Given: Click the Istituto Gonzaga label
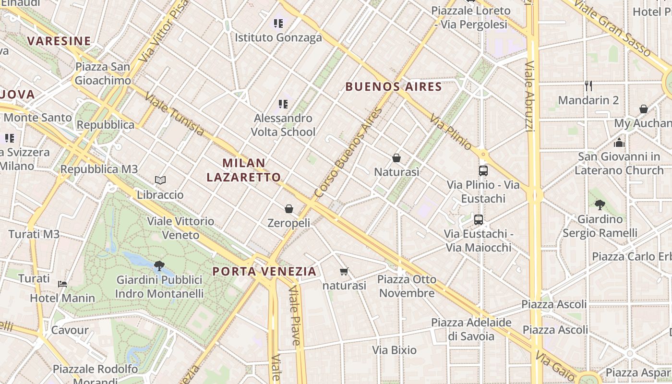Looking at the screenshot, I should click(278, 37).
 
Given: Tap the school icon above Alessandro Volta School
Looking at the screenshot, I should click(283, 104).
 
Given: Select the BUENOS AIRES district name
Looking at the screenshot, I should click(393, 87).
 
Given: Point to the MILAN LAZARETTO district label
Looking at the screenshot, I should click(244, 170).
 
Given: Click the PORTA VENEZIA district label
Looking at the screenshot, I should click(264, 272).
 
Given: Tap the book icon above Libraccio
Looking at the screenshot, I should click(160, 180).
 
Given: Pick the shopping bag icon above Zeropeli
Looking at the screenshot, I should click(289, 209).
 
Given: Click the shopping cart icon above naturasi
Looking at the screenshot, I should click(344, 272).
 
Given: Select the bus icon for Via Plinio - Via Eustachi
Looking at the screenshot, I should click(483, 170).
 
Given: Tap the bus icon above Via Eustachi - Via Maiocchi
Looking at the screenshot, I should click(479, 220).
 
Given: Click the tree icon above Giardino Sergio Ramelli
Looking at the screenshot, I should click(600, 205).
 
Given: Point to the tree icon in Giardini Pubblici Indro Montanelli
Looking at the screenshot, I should click(159, 265).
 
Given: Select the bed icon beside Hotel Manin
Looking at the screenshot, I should click(62, 284).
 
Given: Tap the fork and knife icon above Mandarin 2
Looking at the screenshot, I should click(588, 86).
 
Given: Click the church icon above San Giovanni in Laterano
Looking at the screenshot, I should click(619, 143).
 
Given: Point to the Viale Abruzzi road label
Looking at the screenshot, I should click(529, 96).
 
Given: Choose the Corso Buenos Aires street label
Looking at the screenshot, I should click(348, 153).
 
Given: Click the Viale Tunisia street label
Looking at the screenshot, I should click(174, 113).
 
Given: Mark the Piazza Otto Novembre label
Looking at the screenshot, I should click(407, 286).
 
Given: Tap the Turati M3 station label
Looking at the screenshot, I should click(34, 234).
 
